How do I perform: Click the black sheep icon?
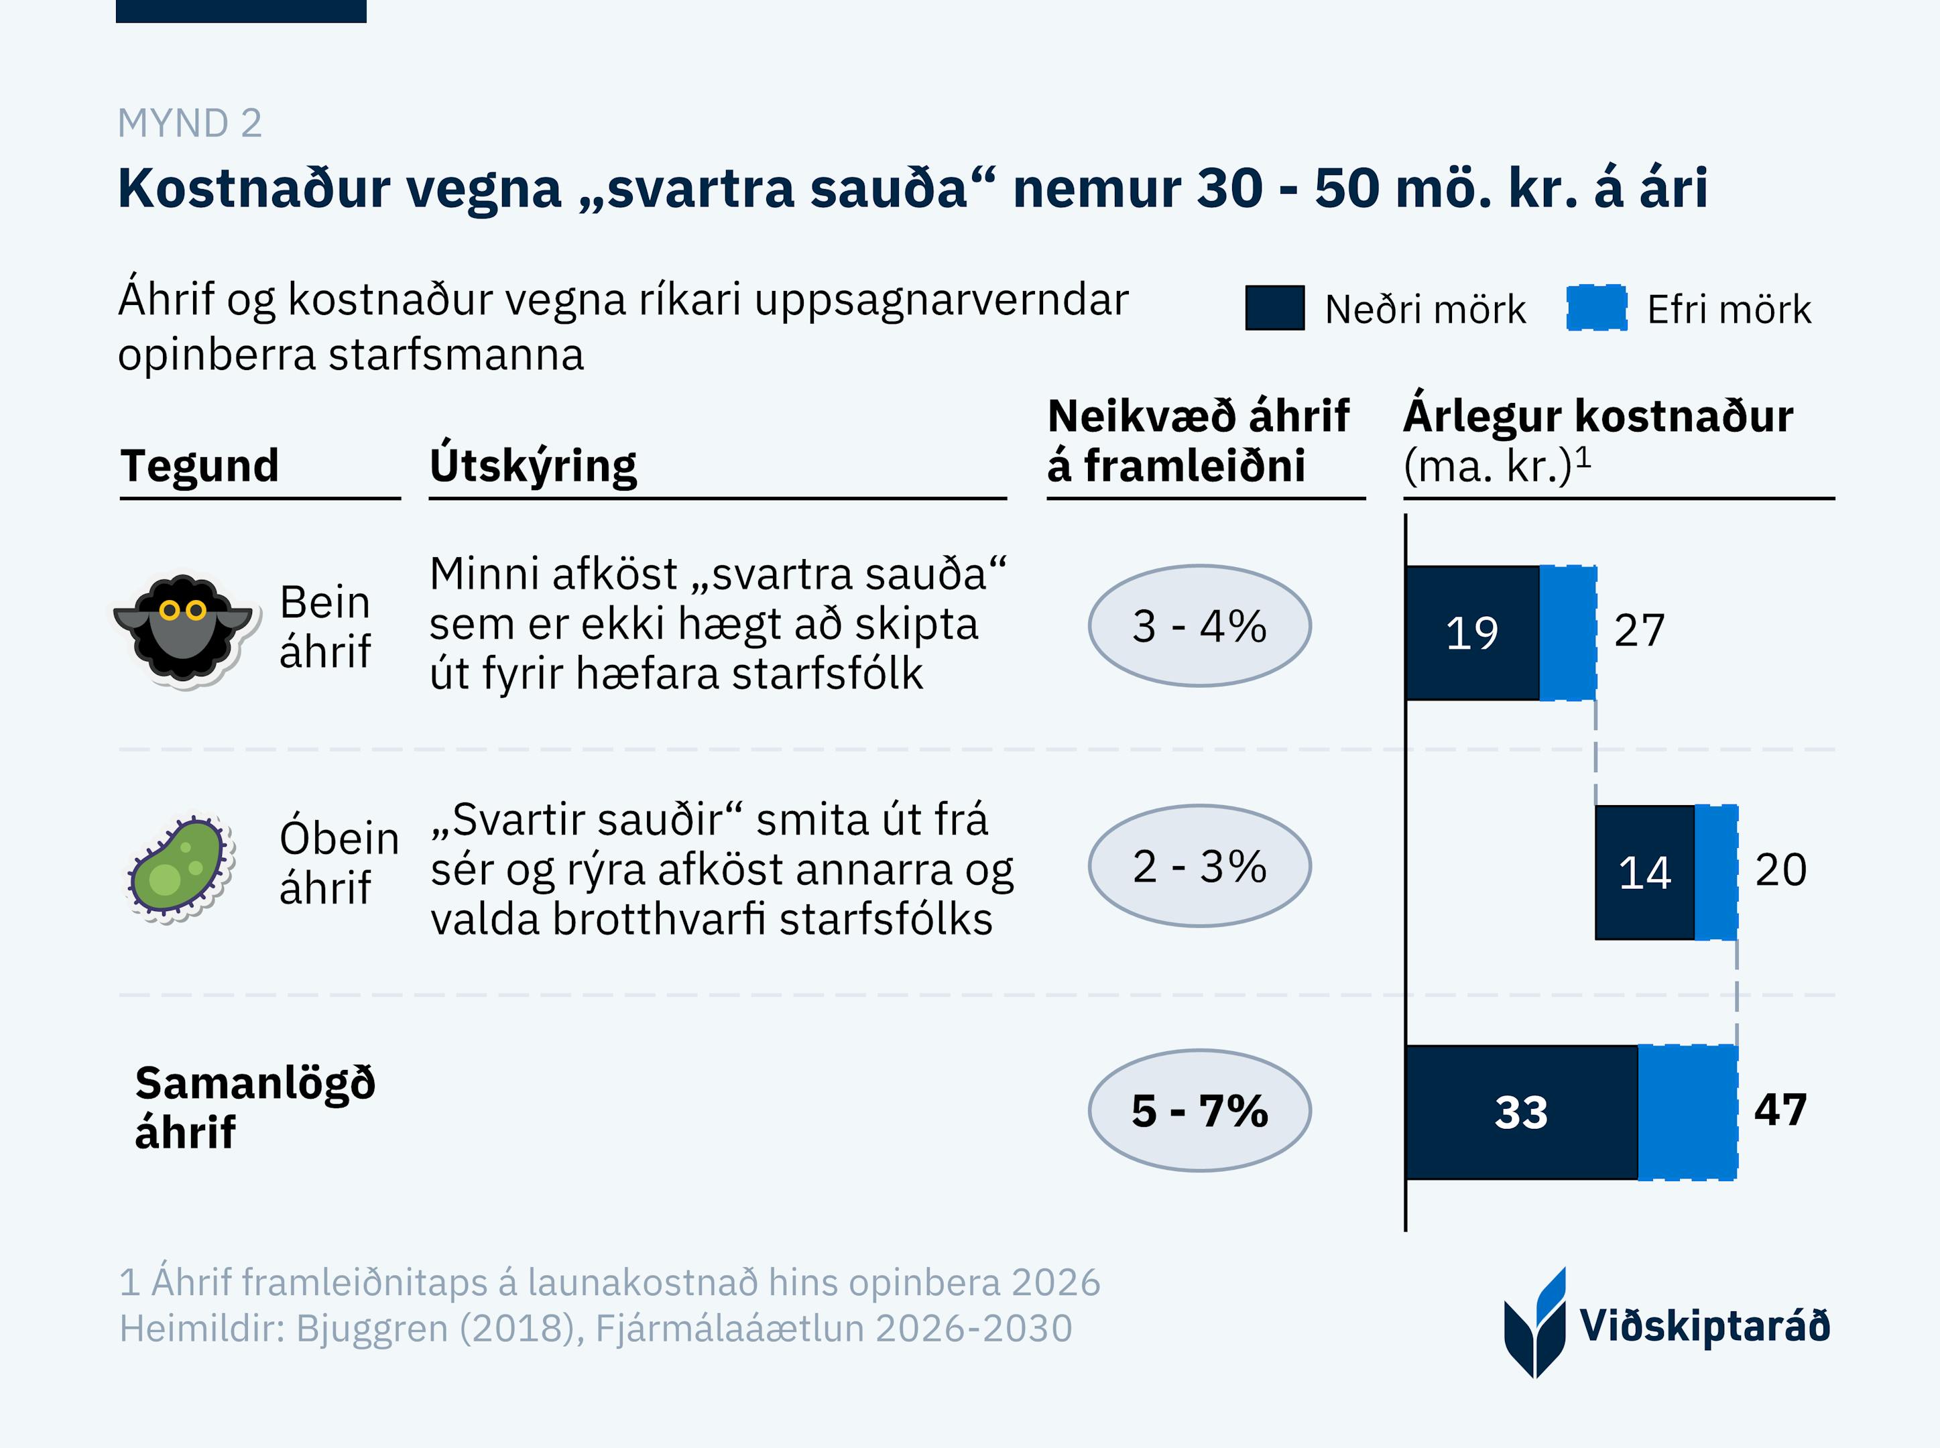[x=183, y=627]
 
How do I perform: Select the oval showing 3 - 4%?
[x=1199, y=626]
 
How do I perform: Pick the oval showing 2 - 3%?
[x=1199, y=866]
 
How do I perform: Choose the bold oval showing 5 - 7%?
[x=1199, y=1111]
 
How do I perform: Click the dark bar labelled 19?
[x=1472, y=633]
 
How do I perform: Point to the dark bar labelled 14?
[x=1644, y=873]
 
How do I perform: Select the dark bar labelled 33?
[x=1521, y=1112]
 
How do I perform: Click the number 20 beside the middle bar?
[x=1780, y=870]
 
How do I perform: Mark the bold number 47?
[x=1780, y=1109]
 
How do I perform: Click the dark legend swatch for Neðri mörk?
[x=1274, y=308]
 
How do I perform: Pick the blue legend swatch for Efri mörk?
[x=1597, y=308]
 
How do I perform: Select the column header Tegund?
[x=200, y=465]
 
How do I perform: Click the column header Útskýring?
[x=533, y=465]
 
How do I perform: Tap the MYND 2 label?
[x=189, y=123]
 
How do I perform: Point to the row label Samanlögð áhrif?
[x=254, y=1108]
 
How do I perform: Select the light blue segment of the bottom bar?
[x=1687, y=1112]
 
